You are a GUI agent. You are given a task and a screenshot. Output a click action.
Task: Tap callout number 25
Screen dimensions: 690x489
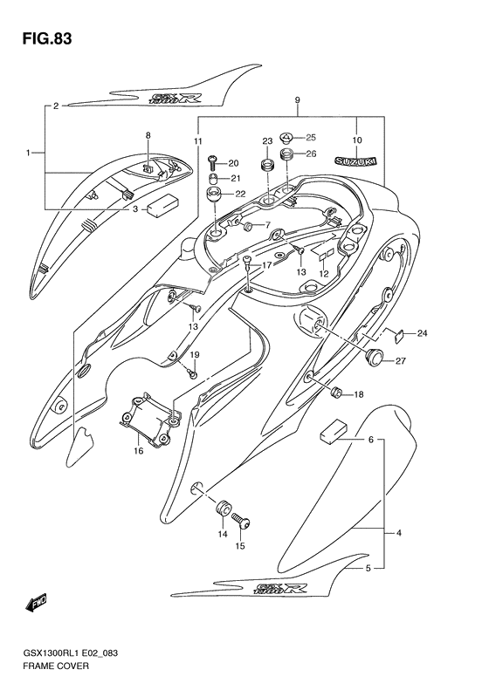click(x=311, y=138)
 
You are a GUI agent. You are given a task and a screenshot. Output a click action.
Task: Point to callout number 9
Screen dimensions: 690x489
click(x=298, y=101)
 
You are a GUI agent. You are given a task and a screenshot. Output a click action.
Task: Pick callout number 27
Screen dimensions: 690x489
click(x=401, y=361)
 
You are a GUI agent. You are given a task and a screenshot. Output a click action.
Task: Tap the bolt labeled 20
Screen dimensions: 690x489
click(x=212, y=161)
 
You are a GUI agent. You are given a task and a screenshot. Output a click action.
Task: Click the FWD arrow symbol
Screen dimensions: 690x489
click(x=37, y=604)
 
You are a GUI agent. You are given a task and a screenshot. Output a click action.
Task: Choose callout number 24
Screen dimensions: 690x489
click(x=423, y=332)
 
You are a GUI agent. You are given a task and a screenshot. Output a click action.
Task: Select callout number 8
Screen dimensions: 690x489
click(x=148, y=135)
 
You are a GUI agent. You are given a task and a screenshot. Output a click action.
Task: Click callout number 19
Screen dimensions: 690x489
click(x=196, y=354)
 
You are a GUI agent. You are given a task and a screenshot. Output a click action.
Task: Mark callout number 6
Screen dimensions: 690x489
click(x=370, y=440)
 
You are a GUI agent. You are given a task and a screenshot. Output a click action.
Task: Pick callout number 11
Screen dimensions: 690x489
click(x=197, y=140)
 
